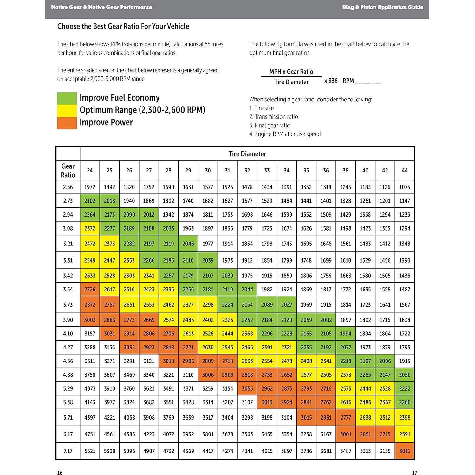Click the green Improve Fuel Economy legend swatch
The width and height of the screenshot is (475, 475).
67,98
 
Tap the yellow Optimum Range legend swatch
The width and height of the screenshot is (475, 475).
67,111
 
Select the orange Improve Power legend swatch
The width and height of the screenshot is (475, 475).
67,123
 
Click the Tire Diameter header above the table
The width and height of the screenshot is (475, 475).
247,154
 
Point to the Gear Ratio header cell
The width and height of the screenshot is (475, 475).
68,171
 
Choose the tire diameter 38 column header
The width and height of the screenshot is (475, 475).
346,171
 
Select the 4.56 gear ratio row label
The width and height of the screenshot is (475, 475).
68,361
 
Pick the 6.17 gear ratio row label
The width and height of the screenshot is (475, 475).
68,434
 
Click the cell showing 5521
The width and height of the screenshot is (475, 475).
90,451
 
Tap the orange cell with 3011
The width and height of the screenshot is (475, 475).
405,451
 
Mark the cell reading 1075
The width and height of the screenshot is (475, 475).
405,187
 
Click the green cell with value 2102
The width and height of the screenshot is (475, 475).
90,201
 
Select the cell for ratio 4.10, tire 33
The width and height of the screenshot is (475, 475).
267,334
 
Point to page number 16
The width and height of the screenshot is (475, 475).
60,473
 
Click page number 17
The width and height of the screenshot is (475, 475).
414,473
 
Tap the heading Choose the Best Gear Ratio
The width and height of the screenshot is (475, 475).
123,26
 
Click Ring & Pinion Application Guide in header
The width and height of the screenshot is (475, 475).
382,7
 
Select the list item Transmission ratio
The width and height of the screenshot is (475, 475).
276,117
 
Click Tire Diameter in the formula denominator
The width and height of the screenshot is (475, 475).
291,82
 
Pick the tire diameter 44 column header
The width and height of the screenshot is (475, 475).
405,171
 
